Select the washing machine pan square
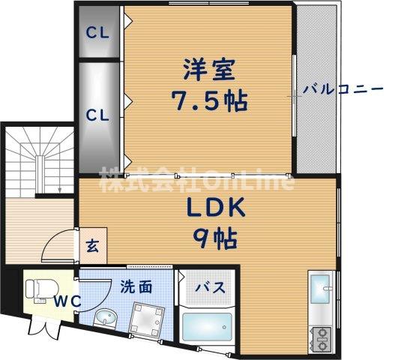coord(145,318)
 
